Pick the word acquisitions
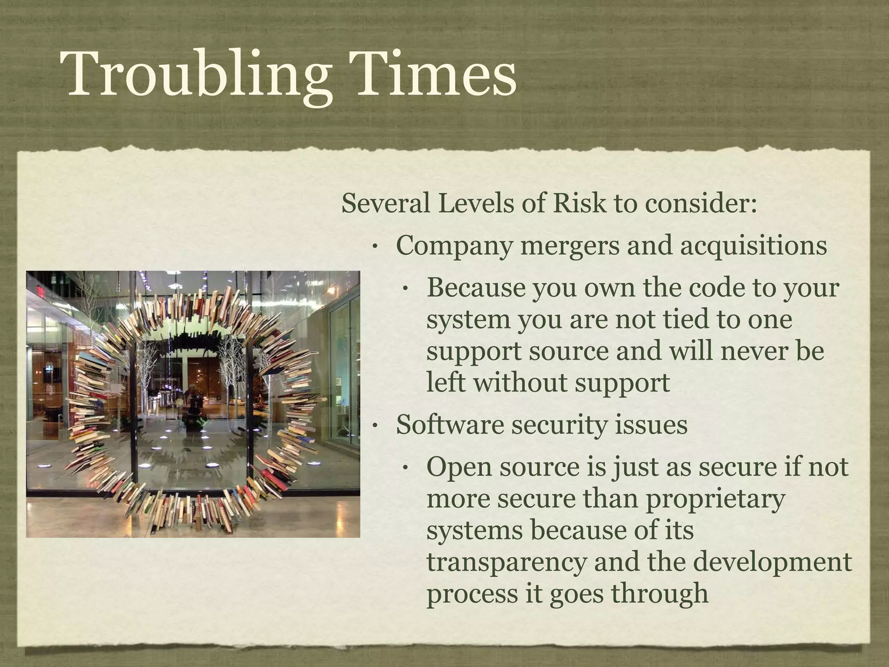pos(753,246)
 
